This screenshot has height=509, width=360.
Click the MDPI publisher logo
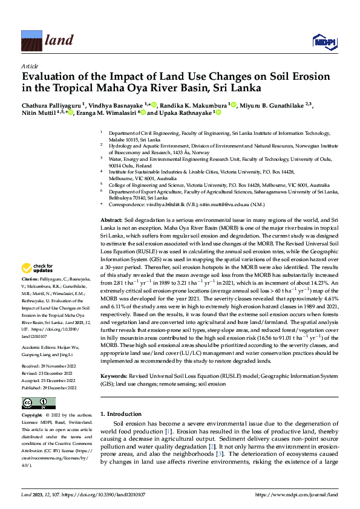click(324, 41)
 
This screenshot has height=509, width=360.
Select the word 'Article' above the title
click(30, 66)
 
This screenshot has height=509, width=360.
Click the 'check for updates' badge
click(38, 268)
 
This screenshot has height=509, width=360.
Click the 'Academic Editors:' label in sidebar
click(39, 348)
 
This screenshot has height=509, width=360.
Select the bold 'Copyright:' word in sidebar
click(32, 416)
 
